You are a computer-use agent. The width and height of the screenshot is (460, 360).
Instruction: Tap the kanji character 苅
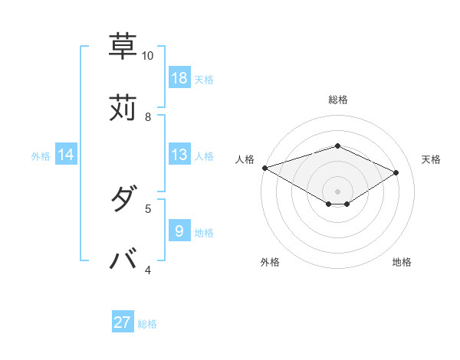tap(123, 107)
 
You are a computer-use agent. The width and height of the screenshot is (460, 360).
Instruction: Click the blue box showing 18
tap(179, 78)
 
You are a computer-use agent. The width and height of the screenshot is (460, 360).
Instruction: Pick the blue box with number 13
tap(179, 155)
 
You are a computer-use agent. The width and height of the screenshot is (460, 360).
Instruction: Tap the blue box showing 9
tap(179, 231)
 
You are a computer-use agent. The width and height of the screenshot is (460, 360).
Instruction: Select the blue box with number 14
tap(66, 155)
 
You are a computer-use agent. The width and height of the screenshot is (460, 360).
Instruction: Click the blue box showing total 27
tap(123, 322)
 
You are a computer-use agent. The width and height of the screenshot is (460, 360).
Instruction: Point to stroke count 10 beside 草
tap(147, 56)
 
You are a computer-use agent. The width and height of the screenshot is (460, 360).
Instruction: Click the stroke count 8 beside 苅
tap(148, 116)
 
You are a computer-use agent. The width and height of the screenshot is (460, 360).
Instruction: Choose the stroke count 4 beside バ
tap(148, 270)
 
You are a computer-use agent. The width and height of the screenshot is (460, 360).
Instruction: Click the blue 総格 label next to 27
tap(147, 324)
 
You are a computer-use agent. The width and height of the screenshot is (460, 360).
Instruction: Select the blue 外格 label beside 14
tap(41, 156)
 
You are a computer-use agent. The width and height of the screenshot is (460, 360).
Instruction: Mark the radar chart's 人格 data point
tap(264, 167)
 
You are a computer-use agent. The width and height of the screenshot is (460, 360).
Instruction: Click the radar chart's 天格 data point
tap(396, 172)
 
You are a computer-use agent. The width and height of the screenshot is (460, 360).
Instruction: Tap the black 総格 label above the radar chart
tap(337, 100)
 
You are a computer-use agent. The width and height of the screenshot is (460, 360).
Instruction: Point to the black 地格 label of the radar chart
tap(402, 262)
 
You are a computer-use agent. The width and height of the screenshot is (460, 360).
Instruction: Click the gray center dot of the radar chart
tap(337, 191)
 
